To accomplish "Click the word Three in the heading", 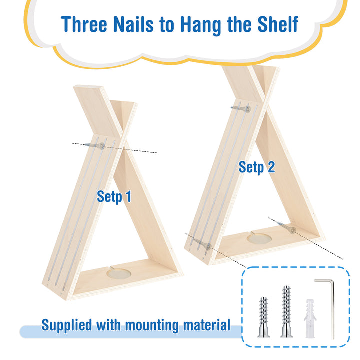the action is (84, 24).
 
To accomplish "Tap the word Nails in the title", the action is (133, 24).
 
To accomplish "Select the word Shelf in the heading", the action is (278, 24).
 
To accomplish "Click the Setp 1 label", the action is (114, 197).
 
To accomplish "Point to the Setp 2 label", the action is (257, 167).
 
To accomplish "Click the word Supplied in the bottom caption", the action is (67, 325).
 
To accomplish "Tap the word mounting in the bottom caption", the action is (152, 326).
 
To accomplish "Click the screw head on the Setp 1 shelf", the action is (101, 146).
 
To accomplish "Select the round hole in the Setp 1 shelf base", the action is (119, 274).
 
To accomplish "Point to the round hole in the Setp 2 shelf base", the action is (259, 239).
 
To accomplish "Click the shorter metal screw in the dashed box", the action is (264, 317).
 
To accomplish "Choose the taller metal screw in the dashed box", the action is (287, 312).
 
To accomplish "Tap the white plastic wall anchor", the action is (310, 318).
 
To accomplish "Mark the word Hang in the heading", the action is (201, 25).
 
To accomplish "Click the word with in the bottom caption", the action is (108, 325).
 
